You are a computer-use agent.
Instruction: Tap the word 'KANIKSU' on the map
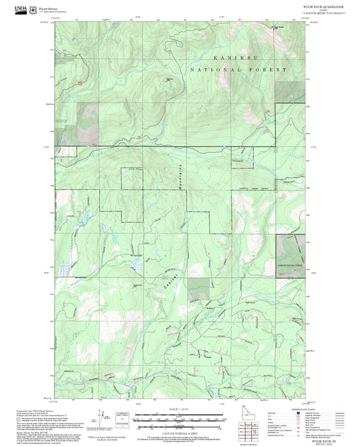(227, 59)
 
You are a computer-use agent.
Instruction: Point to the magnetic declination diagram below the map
(101, 418)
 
